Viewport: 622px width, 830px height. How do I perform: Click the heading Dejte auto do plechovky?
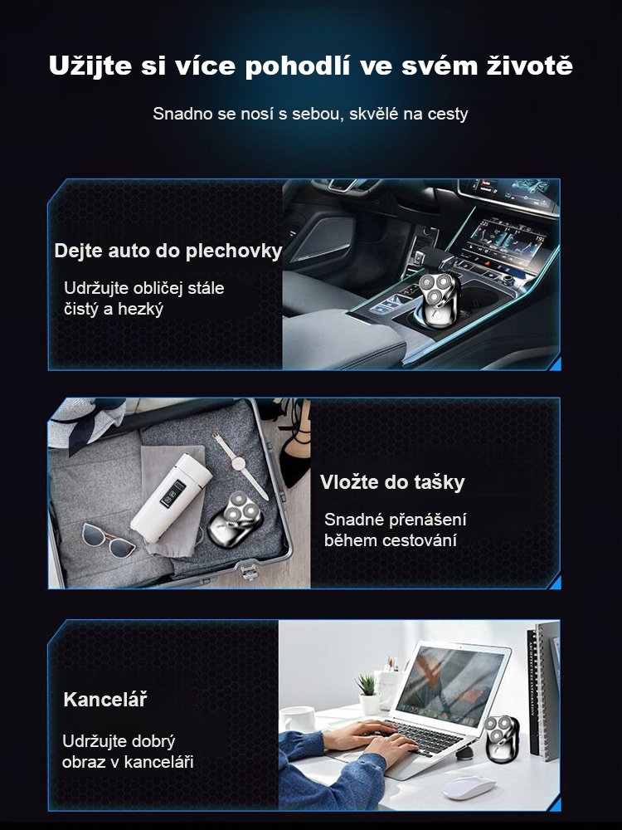[x=168, y=251]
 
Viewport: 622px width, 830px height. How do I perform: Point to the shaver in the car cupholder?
[x=439, y=300]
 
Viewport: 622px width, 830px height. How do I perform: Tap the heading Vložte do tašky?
[x=392, y=482]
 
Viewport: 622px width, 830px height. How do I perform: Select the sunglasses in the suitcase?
[x=109, y=539]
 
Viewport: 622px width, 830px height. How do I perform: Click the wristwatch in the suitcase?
[x=241, y=464]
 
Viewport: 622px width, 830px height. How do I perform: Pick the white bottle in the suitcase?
[x=171, y=497]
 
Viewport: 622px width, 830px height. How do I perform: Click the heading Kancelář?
[x=105, y=699]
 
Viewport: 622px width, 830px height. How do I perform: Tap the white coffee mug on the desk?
[x=299, y=720]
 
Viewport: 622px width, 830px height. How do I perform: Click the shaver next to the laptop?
[x=501, y=739]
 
